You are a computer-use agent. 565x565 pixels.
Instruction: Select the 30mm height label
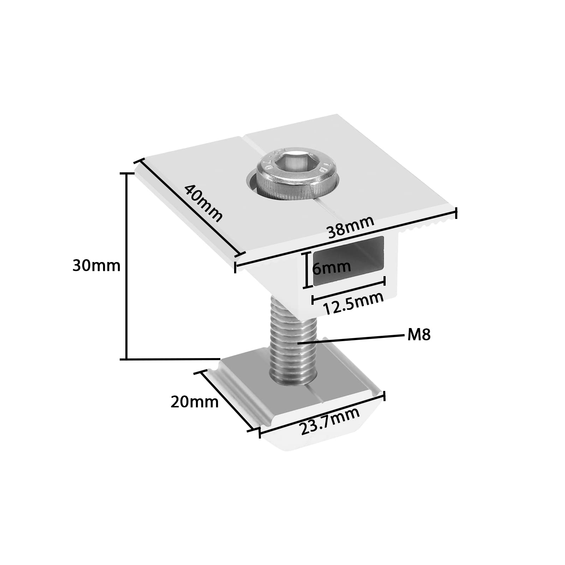point(96,266)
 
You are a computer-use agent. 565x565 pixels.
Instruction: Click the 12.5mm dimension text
point(353,303)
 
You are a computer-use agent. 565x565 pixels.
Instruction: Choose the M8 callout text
point(419,335)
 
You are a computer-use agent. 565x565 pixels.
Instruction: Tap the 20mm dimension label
point(195,402)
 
